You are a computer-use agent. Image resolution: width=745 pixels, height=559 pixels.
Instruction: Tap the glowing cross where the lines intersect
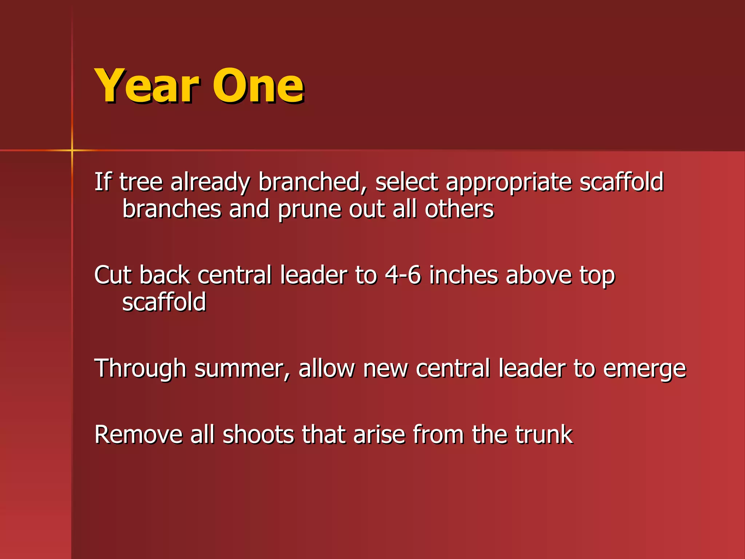pyautogui.click(x=72, y=150)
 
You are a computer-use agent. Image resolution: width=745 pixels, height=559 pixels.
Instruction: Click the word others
pyautogui.click(x=459, y=209)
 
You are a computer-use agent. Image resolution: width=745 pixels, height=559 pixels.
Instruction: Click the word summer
pyautogui.click(x=242, y=369)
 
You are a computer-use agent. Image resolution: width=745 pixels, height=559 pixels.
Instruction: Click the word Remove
pyautogui.click(x=138, y=435)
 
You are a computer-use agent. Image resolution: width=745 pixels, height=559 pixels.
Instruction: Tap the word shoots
pyautogui.click(x=258, y=435)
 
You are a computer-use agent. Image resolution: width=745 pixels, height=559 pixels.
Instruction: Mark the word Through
pyautogui.click(x=140, y=369)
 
